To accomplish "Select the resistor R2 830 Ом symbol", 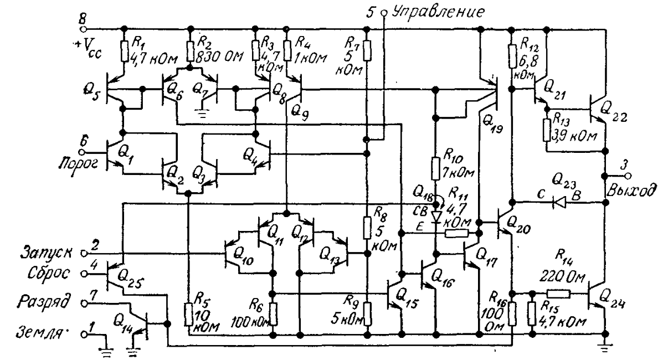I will pos(191,52).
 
